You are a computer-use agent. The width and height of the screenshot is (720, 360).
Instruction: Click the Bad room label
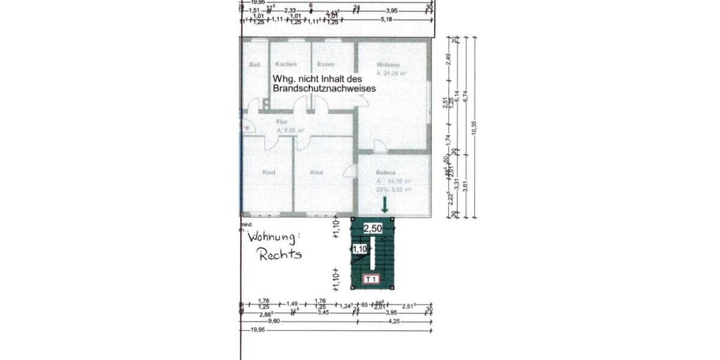click(x=254, y=64)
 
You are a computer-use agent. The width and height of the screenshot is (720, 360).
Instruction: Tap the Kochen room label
click(x=286, y=64)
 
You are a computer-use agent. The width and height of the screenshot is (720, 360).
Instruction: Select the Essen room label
click(x=326, y=64)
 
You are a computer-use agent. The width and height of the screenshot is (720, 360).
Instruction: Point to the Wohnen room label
click(x=388, y=65)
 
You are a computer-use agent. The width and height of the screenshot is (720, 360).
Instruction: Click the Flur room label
click(x=266, y=121)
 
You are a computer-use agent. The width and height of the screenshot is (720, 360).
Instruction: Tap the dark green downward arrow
click(x=385, y=206)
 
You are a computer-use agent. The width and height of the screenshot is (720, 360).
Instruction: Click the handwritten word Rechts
click(x=280, y=254)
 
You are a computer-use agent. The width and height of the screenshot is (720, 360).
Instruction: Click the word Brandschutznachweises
click(x=324, y=88)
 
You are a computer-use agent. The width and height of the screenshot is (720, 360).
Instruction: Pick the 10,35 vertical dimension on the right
click(x=474, y=128)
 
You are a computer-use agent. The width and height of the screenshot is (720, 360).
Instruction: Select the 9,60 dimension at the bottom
click(x=274, y=322)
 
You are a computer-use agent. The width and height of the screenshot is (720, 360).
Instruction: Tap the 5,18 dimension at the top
click(x=387, y=20)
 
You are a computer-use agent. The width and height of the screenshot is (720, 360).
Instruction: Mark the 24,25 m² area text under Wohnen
click(x=392, y=73)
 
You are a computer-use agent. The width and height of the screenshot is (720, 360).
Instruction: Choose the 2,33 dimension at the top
click(x=290, y=10)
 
